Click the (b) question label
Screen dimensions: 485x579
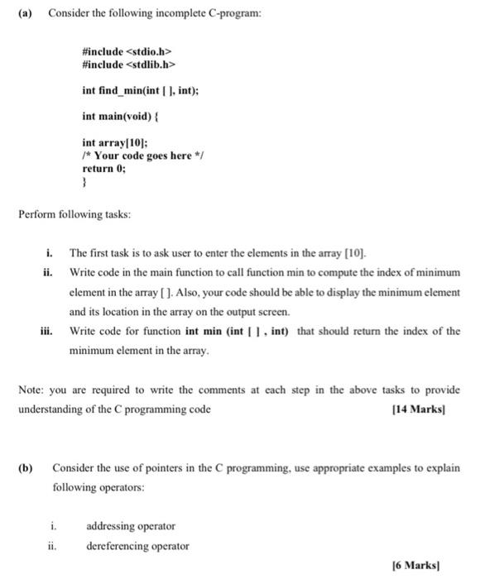click(26, 467)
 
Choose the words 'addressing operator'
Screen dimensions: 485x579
click(131, 525)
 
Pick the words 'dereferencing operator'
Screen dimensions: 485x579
click(137, 545)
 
